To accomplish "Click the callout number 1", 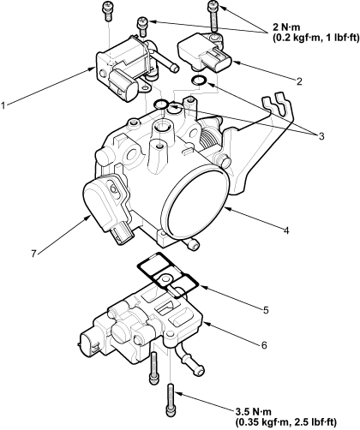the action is pos(3,106).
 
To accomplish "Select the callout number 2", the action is pos(299,81).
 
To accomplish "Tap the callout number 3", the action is pos(321,136).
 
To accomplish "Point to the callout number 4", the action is pos(286,230).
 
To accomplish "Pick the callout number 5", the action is pos(266,310).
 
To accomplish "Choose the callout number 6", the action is pos(264,345).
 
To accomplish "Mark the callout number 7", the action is pos(34,254).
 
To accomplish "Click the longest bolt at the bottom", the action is pos(170,403).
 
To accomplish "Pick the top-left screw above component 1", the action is pos(108,11).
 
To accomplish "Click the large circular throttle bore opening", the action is pos(196,203).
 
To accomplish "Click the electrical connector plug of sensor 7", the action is pos(122,233).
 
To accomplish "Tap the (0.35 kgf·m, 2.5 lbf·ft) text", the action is pos(286,421).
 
